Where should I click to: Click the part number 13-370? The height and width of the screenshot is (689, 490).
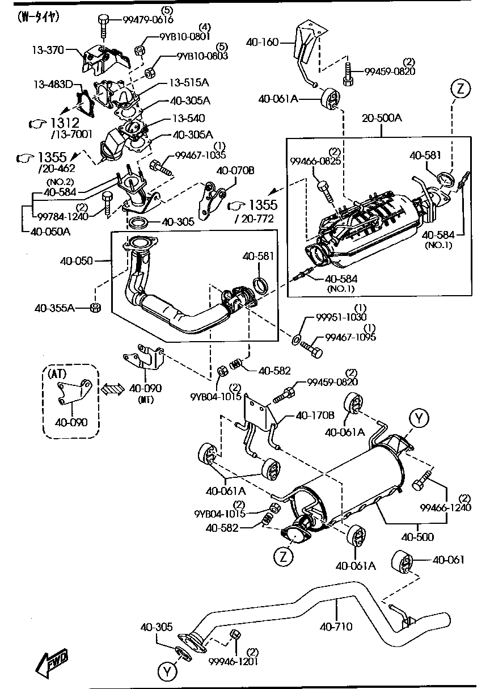pyautogui.click(x=48, y=51)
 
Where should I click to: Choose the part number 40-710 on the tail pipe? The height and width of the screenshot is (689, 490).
pyautogui.click(x=336, y=627)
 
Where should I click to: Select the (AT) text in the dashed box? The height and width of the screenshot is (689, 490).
pyautogui.click(x=58, y=373)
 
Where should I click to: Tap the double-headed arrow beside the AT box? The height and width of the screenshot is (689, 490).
pyautogui.click(x=112, y=389)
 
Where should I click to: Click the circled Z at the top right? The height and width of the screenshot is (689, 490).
pyautogui.click(x=461, y=89)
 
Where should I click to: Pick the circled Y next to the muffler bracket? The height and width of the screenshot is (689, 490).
pyautogui.click(x=418, y=419)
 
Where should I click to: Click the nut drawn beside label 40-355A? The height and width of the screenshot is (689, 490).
pyautogui.click(x=96, y=308)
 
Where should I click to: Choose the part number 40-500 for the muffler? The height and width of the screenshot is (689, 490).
pyautogui.click(x=417, y=536)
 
